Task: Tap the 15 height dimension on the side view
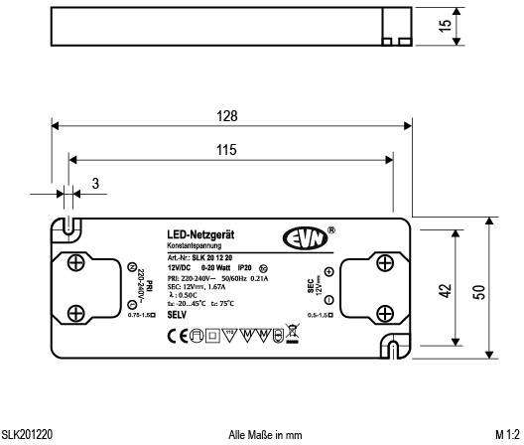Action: click(446, 24)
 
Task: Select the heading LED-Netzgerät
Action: click(200, 233)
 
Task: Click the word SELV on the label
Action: click(178, 314)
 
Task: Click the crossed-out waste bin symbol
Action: click(292, 333)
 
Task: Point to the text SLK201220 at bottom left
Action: click(27, 434)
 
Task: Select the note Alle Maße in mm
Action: click(265, 434)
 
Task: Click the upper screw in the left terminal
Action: click(77, 264)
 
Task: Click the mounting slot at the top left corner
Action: click(66, 226)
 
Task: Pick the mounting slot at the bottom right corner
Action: click(394, 348)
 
